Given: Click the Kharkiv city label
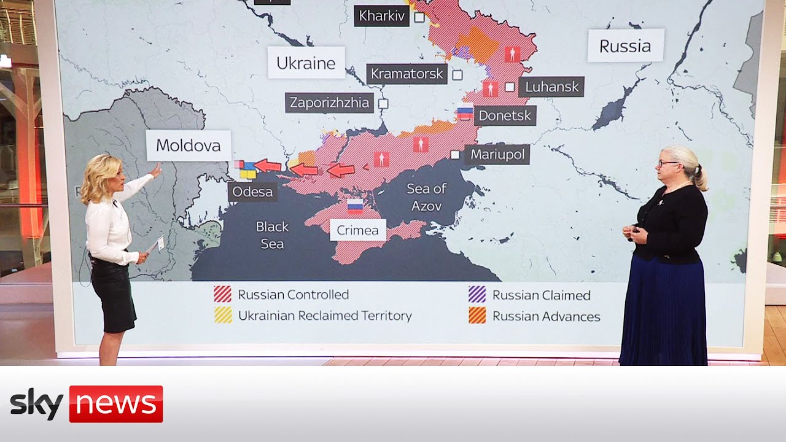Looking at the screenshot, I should pos(381,16).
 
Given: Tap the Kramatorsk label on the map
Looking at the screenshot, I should pos(407,74).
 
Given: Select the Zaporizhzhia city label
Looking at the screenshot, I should pos(330,103).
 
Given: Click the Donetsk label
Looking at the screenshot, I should pos(505,115).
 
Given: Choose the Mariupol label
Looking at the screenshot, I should pos(497,155).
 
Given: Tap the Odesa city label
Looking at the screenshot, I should pos(252,192).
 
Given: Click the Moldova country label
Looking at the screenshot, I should pos(188,145).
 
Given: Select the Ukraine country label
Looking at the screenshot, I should pos(306,63).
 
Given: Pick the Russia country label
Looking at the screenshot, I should pos(625,45).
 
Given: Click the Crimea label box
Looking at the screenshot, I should pos(357,230).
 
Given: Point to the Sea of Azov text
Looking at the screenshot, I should pos(426,197).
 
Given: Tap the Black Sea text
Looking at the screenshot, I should pos(272,235).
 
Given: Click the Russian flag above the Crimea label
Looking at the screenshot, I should pos(355,206).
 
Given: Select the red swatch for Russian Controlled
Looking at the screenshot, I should pos(222,295).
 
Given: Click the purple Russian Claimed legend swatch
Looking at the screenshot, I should pos(477,295).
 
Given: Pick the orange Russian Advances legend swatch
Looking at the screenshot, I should pos(477,316).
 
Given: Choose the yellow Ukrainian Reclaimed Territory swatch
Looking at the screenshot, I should pos(222,316).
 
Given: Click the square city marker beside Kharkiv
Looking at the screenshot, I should pos(419,17).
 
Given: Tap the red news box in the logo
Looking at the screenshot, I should pos(115,404).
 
